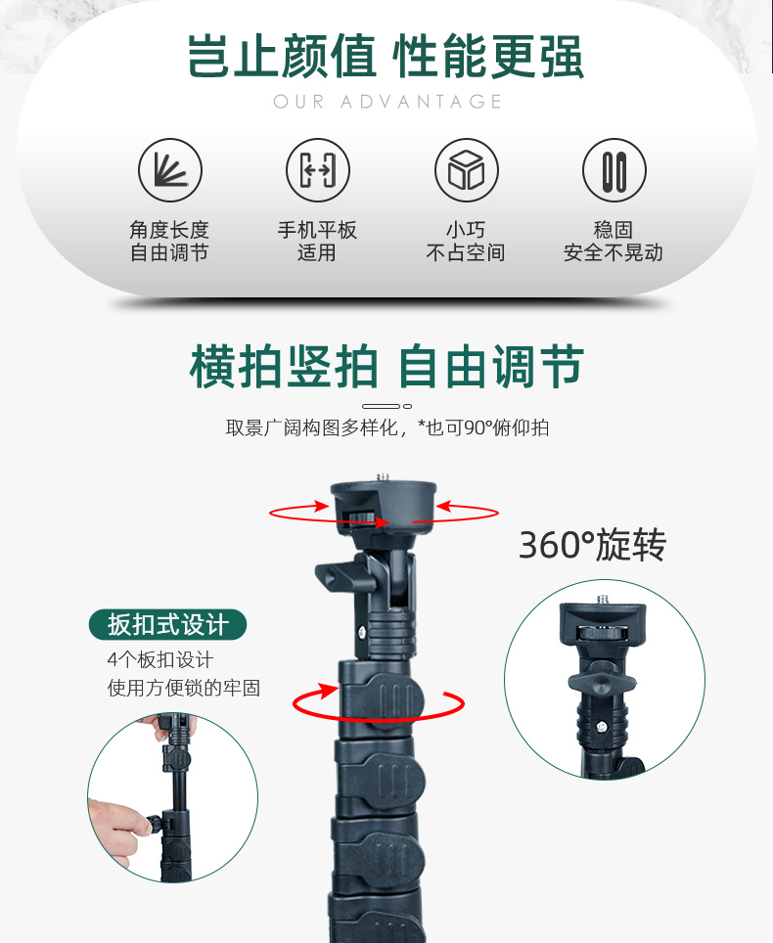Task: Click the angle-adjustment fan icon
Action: pyautogui.click(x=170, y=170)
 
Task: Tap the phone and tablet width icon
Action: pyautogui.click(x=318, y=170)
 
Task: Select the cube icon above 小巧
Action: pyautogui.click(x=466, y=170)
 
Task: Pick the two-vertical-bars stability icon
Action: pyautogui.click(x=614, y=170)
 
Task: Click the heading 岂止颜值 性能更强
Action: pyautogui.click(x=386, y=57)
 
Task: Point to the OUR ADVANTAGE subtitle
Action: pyautogui.click(x=387, y=102)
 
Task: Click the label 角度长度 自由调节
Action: pyautogui.click(x=169, y=241)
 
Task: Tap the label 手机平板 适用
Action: pyautogui.click(x=317, y=241)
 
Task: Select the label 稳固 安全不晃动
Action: pyautogui.click(x=613, y=241)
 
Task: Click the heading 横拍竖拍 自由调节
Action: pyautogui.click(x=386, y=366)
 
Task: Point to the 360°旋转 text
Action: pyautogui.click(x=593, y=545)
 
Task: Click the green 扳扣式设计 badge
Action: pyautogui.click(x=168, y=625)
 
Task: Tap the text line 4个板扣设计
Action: pyautogui.click(x=160, y=659)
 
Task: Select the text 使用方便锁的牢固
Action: pyautogui.click(x=184, y=688)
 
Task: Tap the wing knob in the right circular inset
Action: pyautogui.click(x=602, y=683)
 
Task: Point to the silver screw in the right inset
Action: pyautogui.click(x=601, y=727)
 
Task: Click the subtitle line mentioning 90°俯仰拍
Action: pyautogui.click(x=387, y=427)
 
